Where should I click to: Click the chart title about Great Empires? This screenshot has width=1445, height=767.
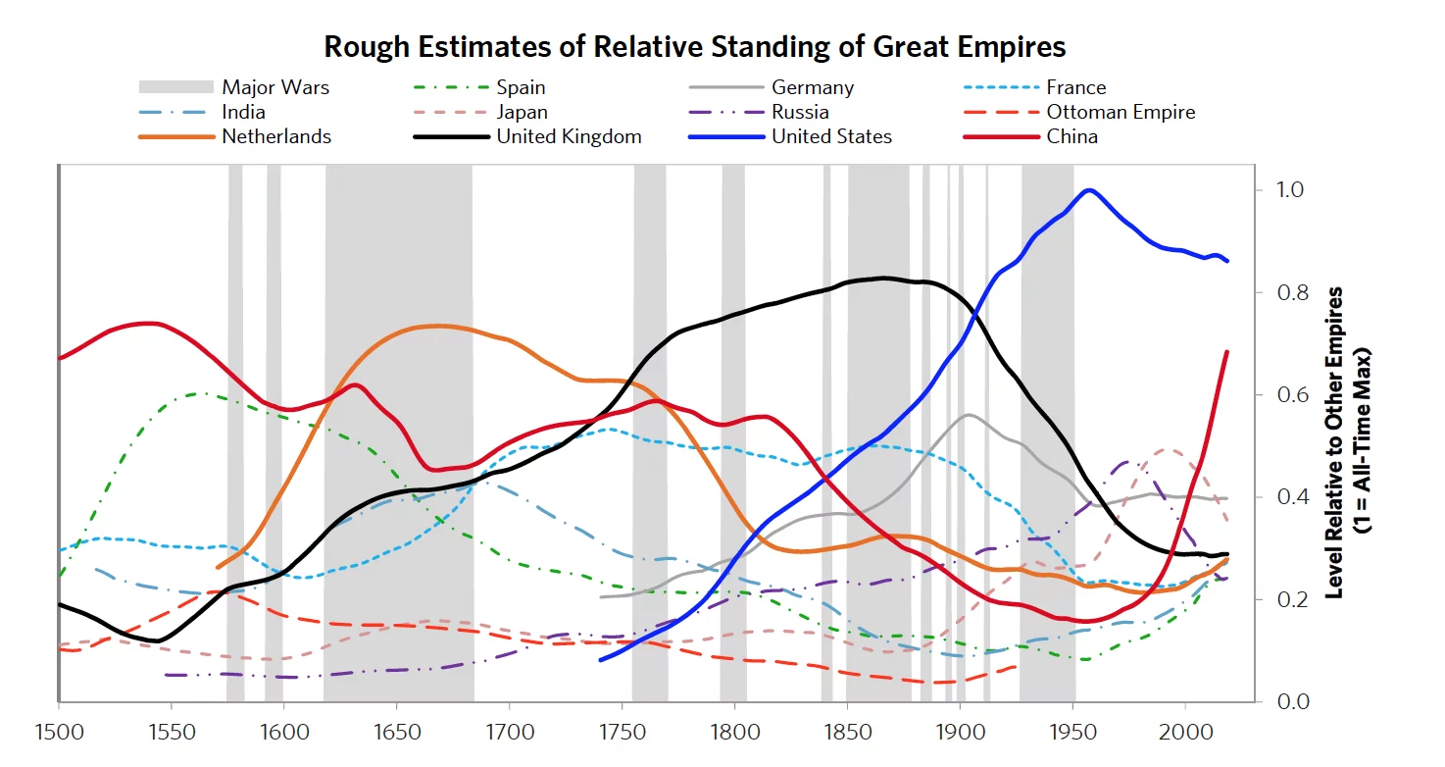[x=694, y=46]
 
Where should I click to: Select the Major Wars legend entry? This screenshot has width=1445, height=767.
[x=275, y=87]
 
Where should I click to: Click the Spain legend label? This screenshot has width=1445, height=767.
[x=521, y=87]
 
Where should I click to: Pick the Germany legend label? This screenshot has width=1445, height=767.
[x=812, y=87]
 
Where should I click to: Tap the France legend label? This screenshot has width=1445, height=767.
[x=1075, y=87]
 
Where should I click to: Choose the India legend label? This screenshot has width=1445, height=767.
[x=243, y=112]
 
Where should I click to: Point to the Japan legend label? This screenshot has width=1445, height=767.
[x=522, y=112]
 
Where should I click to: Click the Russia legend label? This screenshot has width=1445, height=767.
[x=800, y=112]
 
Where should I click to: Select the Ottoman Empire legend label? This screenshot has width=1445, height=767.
[x=1121, y=112]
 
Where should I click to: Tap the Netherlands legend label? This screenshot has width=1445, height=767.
[x=276, y=136]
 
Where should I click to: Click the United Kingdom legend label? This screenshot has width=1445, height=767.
[x=569, y=136]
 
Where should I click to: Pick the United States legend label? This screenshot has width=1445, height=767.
[x=831, y=136]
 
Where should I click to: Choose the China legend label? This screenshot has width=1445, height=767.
[x=1071, y=136]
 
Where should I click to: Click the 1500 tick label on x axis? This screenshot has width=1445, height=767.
[x=59, y=733]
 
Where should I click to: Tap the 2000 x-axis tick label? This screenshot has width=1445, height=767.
[x=1185, y=733]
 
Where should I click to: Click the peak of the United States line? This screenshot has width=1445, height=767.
[x=1088, y=190]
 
